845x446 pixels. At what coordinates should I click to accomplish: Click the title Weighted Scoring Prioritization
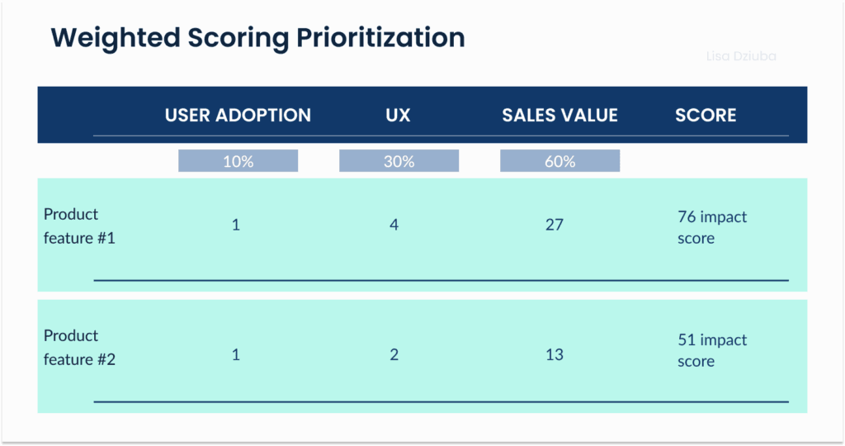tap(257, 38)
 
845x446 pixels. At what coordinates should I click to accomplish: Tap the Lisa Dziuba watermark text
tap(741, 56)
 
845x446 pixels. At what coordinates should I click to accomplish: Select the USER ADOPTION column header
tap(238, 116)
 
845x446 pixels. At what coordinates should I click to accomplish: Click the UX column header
tap(398, 116)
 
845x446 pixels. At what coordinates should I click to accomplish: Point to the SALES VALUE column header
tap(559, 116)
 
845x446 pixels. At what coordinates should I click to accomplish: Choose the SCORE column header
tap(706, 116)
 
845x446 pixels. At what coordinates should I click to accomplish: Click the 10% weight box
tap(238, 162)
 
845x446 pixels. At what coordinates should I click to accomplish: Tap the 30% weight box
tap(399, 162)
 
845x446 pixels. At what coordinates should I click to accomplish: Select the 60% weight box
tap(559, 162)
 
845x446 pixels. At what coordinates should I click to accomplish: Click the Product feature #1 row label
tap(71, 226)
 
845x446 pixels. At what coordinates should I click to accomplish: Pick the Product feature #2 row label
tap(71, 348)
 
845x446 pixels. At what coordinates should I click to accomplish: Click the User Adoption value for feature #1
tap(236, 225)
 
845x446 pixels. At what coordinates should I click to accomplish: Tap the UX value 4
tap(394, 225)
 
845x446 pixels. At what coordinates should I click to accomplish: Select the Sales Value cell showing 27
tap(555, 225)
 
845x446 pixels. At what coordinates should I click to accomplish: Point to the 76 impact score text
tap(711, 227)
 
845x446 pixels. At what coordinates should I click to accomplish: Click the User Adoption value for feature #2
tap(236, 354)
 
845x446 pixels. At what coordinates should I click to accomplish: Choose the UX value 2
tap(394, 354)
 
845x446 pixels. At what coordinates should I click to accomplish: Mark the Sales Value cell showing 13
tap(555, 354)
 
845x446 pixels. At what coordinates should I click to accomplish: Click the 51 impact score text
tap(711, 350)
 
